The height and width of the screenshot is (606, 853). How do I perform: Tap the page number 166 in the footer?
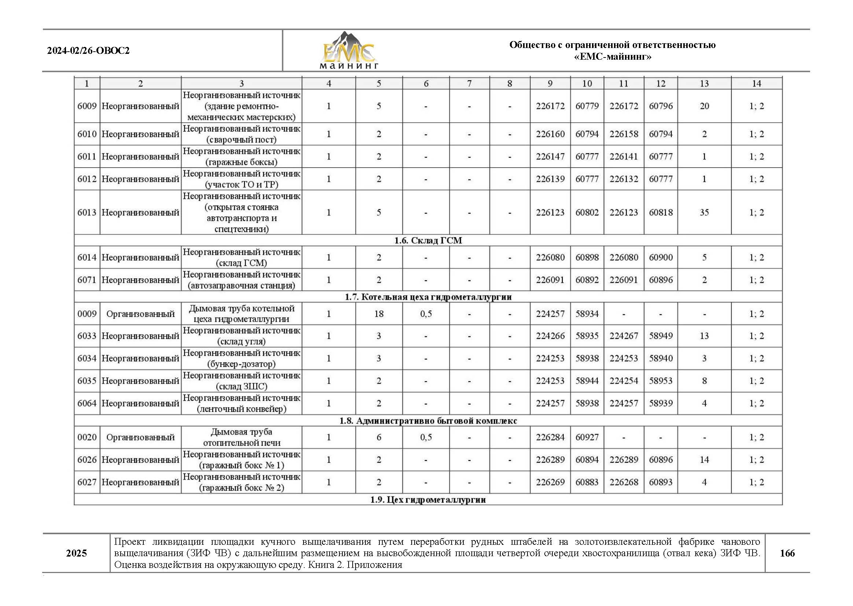click(x=787, y=553)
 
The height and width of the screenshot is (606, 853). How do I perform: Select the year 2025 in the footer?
click(x=77, y=553)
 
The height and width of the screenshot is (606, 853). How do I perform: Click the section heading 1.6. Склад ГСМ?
click(x=428, y=240)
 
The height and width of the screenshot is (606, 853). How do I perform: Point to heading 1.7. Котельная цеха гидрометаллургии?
click(x=428, y=297)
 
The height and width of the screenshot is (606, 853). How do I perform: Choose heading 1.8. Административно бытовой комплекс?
click(x=428, y=421)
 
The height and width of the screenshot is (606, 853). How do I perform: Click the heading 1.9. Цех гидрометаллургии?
click(x=428, y=500)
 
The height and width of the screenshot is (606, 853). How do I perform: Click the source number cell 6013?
click(x=87, y=213)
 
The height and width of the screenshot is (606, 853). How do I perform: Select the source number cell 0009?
click(x=87, y=314)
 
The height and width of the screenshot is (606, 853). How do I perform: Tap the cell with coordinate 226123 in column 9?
click(x=550, y=213)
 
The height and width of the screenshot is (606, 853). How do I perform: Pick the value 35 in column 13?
click(x=704, y=213)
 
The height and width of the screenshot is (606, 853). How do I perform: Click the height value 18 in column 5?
click(x=379, y=314)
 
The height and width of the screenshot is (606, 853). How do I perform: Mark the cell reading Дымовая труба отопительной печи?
click(x=242, y=437)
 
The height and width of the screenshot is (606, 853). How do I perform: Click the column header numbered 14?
click(x=756, y=84)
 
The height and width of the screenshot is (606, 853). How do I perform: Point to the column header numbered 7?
click(x=469, y=84)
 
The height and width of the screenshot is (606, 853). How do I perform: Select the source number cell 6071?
click(x=87, y=280)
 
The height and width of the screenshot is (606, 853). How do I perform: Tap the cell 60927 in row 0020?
click(x=587, y=437)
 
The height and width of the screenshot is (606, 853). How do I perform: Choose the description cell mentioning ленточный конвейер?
click(x=242, y=403)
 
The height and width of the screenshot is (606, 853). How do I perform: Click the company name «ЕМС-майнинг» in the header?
click(x=612, y=57)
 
